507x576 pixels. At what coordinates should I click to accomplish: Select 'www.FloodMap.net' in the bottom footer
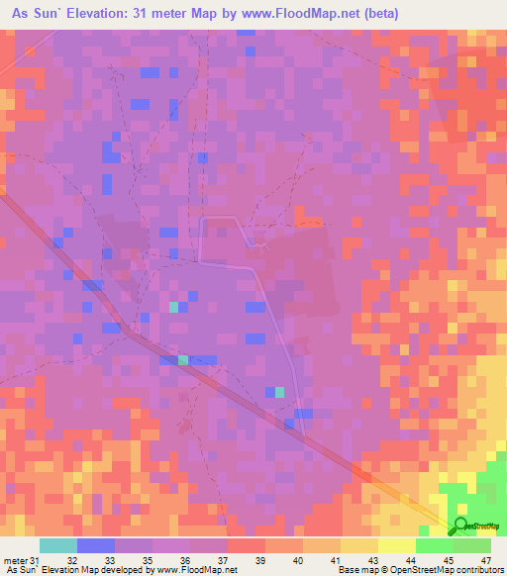(193, 569)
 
